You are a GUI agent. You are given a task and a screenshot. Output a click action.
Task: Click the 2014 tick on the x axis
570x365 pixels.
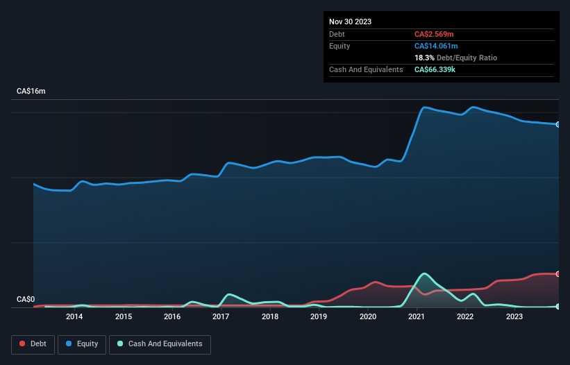pos(74,317)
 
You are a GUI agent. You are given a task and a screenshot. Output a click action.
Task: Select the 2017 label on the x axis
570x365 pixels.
pos(221,317)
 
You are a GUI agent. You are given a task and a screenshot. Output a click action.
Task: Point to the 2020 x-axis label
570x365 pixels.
pos(368,317)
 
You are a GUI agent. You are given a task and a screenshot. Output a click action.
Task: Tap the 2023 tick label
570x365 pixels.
pos(514,317)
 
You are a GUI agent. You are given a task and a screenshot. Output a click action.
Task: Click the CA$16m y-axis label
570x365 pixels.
pos(31,92)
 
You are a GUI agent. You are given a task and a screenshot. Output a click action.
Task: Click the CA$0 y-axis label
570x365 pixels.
pos(26,300)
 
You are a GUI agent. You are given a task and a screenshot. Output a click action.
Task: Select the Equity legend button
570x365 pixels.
pos(82,343)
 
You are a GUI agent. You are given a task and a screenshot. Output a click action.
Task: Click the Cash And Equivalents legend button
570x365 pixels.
pos(160,343)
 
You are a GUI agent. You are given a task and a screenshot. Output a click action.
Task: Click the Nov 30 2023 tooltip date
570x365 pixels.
pos(350,22)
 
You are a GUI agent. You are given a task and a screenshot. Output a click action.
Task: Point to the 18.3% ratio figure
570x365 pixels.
pos(424,58)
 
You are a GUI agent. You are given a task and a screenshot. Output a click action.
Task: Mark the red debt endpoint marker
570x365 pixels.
pos(558,273)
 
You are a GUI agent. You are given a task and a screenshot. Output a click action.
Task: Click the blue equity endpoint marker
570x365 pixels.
pos(558,124)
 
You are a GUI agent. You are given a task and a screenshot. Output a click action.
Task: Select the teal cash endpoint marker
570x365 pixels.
pos(558,306)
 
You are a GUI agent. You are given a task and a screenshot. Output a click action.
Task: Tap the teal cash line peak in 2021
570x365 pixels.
pos(424,274)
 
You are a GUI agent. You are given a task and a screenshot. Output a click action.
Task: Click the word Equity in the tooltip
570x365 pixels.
pos(340,46)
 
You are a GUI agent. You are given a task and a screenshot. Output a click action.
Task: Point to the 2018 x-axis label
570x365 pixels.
pos(270,317)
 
